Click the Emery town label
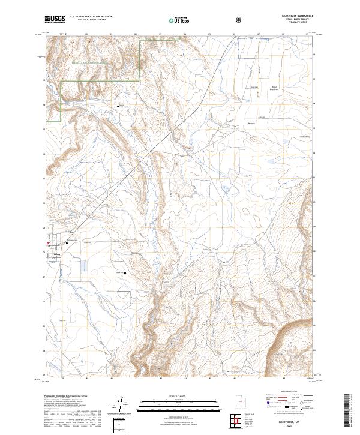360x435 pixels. (58, 253)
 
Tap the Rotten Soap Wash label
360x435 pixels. (273, 88)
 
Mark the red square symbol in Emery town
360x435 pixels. (49, 243)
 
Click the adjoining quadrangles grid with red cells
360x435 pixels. (238, 422)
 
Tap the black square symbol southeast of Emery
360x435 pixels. (124, 274)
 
